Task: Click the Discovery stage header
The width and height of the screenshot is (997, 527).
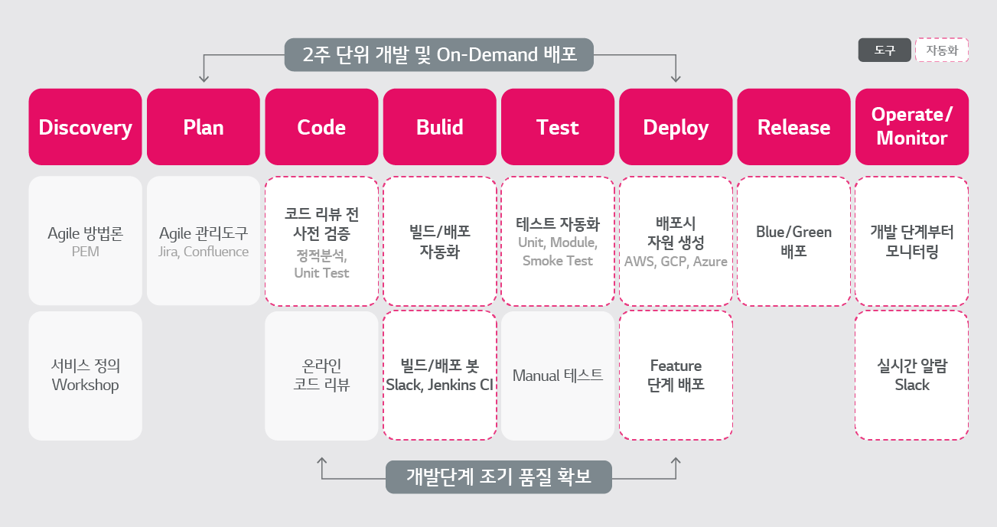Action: pos(85,127)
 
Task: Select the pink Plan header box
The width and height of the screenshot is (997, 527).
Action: pos(204,127)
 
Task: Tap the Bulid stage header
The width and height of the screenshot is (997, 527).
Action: pos(439,127)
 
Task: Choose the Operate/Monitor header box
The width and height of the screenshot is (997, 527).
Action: pos(911,127)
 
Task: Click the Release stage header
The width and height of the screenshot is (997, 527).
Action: pos(793,127)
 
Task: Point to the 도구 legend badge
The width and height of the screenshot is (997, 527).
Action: pos(885,50)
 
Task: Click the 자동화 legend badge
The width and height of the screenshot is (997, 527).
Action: pos(942,50)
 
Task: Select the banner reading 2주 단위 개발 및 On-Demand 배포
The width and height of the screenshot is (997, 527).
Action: pos(439,55)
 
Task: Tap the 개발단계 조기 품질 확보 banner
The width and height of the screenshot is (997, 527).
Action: pos(499,477)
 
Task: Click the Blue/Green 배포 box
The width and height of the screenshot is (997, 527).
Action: pos(793,241)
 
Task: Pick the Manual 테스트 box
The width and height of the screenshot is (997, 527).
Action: pos(558,376)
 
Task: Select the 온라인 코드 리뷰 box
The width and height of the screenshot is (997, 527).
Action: pos(321,376)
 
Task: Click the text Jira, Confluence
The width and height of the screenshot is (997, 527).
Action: pos(204,252)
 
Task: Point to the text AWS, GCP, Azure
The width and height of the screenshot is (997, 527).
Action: pos(676,262)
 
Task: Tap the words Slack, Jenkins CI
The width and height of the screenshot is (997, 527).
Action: pos(439,385)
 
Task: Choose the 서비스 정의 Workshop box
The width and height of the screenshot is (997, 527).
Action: pos(85,376)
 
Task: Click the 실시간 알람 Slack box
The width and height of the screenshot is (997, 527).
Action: pos(911,376)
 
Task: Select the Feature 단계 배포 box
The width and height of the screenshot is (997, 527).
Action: pos(676,376)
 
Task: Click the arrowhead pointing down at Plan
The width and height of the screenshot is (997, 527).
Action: pos(204,77)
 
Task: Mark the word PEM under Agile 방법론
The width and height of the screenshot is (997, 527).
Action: pos(85,252)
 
